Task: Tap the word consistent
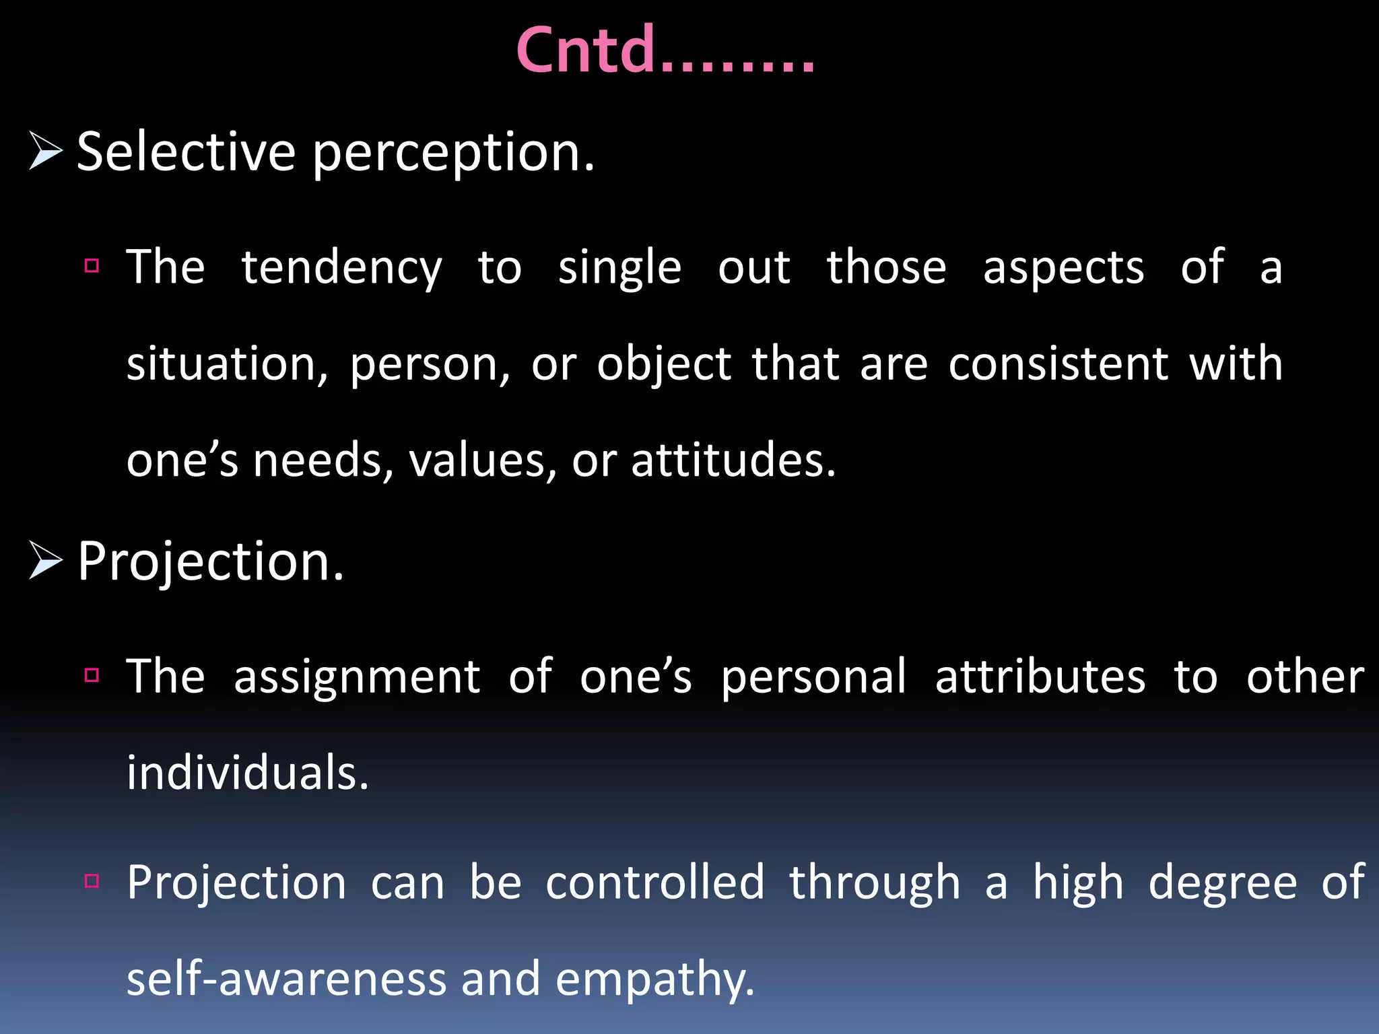click(x=1058, y=364)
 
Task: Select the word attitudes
click(x=733, y=461)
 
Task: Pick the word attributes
click(x=1040, y=677)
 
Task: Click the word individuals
click(x=247, y=773)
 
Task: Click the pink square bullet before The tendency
click(x=92, y=265)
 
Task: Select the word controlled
click(x=654, y=883)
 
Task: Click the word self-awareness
click(x=286, y=979)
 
